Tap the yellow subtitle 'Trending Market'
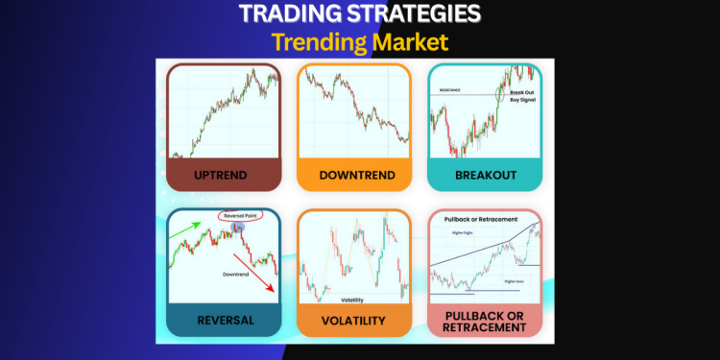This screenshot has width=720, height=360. [x=359, y=43]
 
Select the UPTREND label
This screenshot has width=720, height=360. [x=223, y=175]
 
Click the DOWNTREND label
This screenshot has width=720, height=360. [x=353, y=175]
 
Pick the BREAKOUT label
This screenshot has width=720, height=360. [x=485, y=175]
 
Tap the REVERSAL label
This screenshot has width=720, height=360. [x=223, y=320]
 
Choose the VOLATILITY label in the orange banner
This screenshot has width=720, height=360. [x=353, y=320]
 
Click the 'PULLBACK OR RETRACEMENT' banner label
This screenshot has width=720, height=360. [x=485, y=320]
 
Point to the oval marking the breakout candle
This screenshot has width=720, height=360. [x=500, y=94]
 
